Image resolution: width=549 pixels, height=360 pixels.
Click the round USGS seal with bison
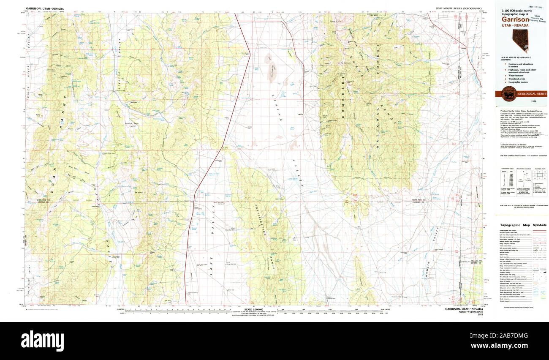pos(508,93)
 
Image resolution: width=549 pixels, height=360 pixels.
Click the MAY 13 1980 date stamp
pos(533,7)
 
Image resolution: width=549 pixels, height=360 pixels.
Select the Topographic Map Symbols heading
pos(523,225)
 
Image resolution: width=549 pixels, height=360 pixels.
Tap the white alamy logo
pos(42,339)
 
